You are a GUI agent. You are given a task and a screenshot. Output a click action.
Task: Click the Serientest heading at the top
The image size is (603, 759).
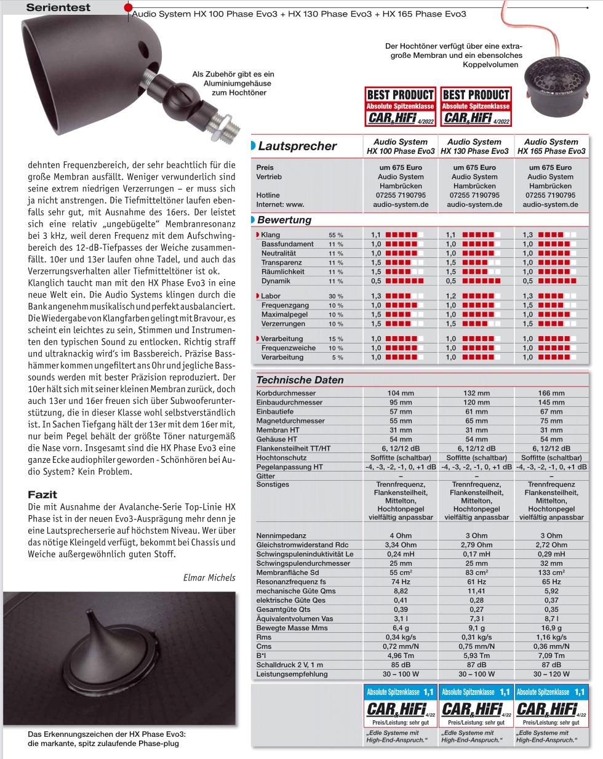click(58, 7)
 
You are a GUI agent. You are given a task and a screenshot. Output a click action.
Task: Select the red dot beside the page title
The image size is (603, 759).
click(128, 7)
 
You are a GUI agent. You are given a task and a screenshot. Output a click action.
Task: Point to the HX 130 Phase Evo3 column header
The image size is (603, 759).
click(474, 147)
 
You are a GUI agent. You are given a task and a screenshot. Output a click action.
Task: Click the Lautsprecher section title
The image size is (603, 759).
click(297, 147)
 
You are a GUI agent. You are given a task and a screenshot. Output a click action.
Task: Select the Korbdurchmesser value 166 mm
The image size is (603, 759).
click(551, 393)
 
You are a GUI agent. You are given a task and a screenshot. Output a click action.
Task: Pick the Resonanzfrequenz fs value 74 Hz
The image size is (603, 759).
click(401, 582)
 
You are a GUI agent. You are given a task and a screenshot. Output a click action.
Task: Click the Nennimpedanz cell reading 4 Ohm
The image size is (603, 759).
click(401, 536)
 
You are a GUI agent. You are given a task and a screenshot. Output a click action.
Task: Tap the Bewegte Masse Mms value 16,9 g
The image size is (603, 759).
click(551, 628)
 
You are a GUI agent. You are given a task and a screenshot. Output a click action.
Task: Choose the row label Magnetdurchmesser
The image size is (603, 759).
click(290, 421)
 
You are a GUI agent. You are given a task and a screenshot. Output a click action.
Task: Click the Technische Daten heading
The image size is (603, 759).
click(300, 380)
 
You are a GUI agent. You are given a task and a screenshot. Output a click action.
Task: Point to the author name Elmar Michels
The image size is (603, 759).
click(209, 577)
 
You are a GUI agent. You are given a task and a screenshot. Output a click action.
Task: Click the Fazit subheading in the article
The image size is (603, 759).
click(42, 494)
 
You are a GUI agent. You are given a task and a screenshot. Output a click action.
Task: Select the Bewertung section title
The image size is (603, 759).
click(284, 220)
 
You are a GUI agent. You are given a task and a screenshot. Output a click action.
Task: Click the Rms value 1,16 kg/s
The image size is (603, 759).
click(551, 637)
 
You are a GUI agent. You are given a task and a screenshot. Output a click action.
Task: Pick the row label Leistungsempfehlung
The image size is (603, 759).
click(292, 674)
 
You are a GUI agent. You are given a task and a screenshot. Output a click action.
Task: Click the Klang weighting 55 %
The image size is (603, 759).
click(335, 235)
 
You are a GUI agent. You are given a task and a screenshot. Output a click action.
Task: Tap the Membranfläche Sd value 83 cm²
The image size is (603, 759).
click(476, 572)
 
